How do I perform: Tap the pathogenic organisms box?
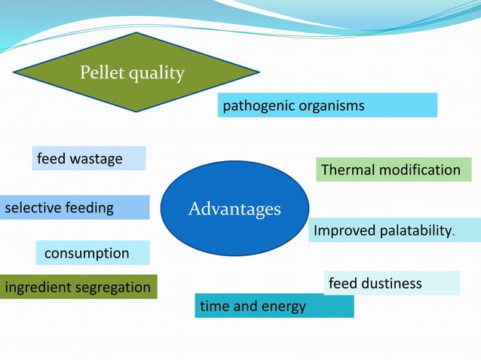click(x=327, y=105)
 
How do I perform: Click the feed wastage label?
click(x=88, y=158)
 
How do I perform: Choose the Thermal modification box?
click(x=393, y=169)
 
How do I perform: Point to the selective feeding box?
click(x=74, y=207)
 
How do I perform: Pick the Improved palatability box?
click(x=394, y=230)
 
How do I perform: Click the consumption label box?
click(x=92, y=253)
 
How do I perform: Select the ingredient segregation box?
click(x=78, y=287)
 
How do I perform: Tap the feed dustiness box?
click(x=391, y=283)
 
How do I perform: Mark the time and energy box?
click(x=274, y=306)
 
